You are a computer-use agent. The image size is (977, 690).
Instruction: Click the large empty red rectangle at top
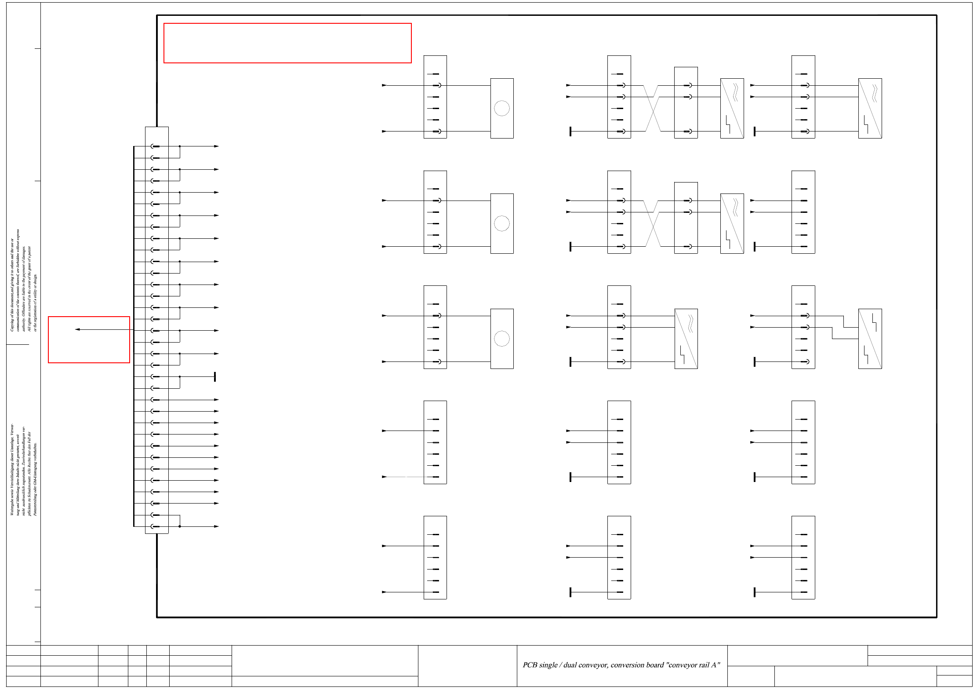pos(287,43)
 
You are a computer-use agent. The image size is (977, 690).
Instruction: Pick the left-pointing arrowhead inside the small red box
pos(77,329)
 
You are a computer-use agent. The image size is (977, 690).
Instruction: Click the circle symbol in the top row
pos(501,108)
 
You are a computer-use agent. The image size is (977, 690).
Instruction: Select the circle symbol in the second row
pos(501,223)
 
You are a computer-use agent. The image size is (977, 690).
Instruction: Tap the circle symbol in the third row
pos(501,339)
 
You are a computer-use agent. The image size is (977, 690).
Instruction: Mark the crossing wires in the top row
pos(653,108)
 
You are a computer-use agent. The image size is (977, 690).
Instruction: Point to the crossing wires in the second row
pos(653,223)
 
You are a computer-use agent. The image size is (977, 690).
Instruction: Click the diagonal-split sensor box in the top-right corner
pos(870,108)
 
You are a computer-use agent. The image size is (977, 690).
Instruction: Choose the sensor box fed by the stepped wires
pos(870,339)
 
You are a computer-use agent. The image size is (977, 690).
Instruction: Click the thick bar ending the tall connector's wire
pos(215,376)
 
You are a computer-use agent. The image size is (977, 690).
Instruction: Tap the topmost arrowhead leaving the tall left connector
pos(216,146)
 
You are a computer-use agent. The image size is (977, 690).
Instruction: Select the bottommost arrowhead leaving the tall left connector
pos(216,526)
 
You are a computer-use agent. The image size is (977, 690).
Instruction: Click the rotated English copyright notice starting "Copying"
pos(24,281)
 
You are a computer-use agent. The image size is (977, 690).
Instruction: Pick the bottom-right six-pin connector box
pos(803,557)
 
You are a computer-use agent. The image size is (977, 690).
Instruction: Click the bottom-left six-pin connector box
pos(435,557)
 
